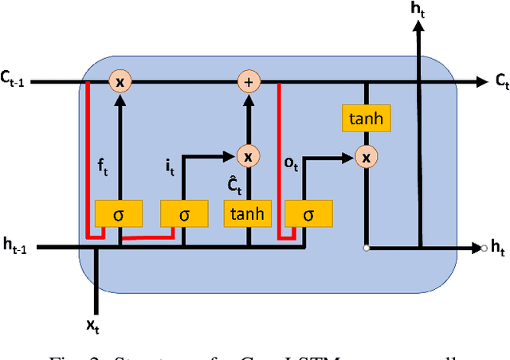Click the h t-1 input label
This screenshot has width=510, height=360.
pos(17,248)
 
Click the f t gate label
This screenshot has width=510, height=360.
pos(102,168)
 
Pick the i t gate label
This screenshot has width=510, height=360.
pos(170,168)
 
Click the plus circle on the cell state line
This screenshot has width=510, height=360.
pos(248,81)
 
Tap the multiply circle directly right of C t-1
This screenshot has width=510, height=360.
pos(120,81)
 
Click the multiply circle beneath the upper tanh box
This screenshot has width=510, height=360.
pos(366,157)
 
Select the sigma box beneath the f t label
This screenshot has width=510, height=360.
pos(119,213)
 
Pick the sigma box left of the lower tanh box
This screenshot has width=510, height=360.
pos(184,213)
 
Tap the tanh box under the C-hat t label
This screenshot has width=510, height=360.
pos(248,213)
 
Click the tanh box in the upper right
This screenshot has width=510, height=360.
pos(366,119)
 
